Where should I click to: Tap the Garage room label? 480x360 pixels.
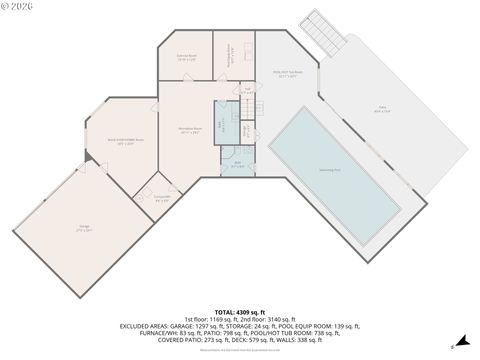coord(86,229)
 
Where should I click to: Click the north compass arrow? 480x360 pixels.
coord(452,348)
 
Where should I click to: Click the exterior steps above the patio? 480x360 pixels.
coord(325,33)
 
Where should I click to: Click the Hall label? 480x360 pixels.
coord(246,92)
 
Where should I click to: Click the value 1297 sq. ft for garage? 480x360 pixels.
coord(226,325)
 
